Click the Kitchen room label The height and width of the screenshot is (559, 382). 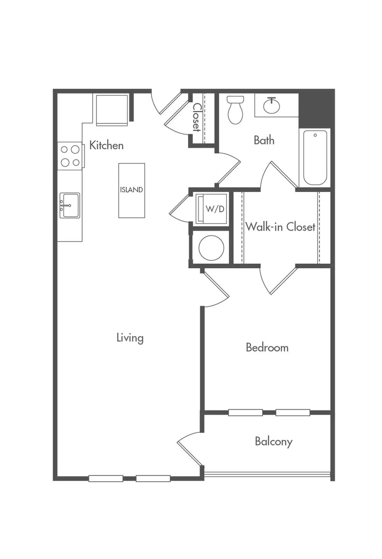[x=106, y=145]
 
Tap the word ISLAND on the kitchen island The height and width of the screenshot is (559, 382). [x=132, y=190]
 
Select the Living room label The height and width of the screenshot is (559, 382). [x=130, y=338]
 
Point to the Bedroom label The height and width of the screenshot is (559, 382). [x=267, y=348]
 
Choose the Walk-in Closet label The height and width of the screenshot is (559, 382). [x=281, y=227]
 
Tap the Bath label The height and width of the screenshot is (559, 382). [x=264, y=140]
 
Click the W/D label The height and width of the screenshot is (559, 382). [x=215, y=209]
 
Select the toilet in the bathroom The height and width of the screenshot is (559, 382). [x=235, y=110]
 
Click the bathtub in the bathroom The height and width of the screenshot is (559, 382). [x=315, y=158]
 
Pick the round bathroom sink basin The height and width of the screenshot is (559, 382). [x=271, y=105]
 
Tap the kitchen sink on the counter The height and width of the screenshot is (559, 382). [x=69, y=205]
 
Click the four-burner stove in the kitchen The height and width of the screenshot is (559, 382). [x=70, y=156]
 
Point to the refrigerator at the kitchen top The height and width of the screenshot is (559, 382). [x=112, y=110]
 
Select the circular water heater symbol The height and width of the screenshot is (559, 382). [x=211, y=248]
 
